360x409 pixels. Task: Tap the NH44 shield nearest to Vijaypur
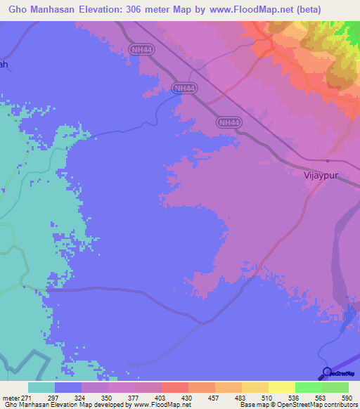click(x=229, y=122)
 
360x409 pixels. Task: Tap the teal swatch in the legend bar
click(x=41, y=387)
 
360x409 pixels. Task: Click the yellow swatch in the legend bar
click(x=282, y=387)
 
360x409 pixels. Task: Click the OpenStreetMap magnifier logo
click(x=326, y=372)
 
